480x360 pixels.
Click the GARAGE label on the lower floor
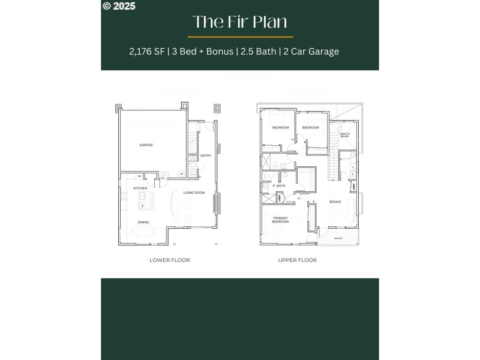146,145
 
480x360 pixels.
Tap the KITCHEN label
140,188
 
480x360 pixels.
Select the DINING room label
143,222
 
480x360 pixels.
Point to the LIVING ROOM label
194,193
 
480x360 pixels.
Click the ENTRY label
206,155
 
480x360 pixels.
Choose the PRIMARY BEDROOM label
281,220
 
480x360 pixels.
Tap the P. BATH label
279,186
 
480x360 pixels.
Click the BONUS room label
335,202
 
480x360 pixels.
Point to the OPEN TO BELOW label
344,136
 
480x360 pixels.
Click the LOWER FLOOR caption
170,260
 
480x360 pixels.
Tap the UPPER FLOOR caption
298,260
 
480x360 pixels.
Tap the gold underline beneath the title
239,37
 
